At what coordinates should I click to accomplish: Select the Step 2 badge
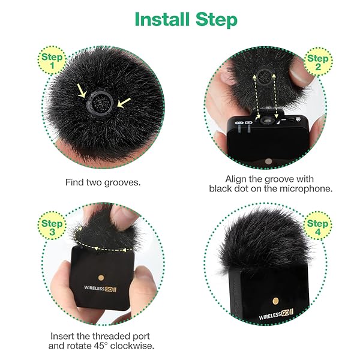[x=316, y=63]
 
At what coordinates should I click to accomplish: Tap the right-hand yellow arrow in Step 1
[x=124, y=104]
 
